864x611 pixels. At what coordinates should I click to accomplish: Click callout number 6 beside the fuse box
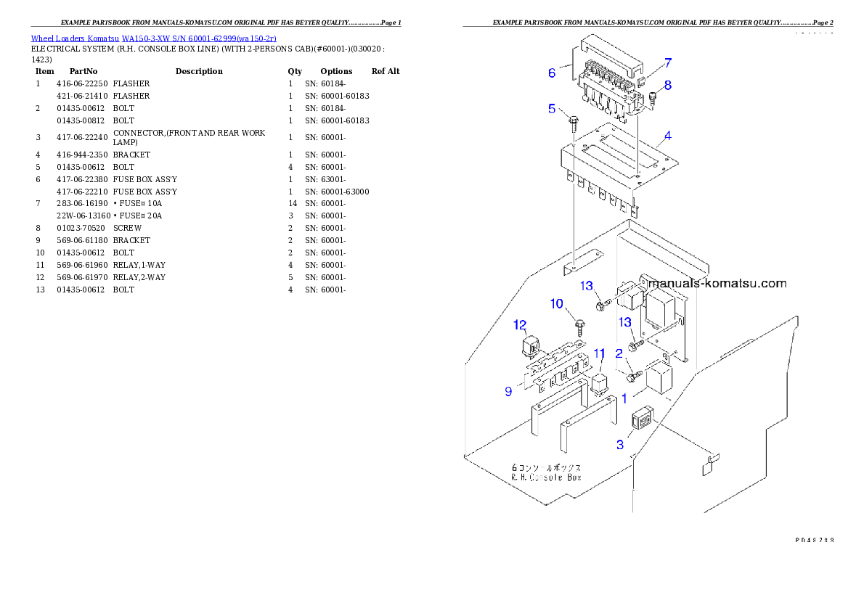point(552,73)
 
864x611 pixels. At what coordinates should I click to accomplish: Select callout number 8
point(667,85)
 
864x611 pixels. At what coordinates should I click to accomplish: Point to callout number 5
point(552,109)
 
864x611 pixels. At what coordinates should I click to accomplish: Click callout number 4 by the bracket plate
point(667,136)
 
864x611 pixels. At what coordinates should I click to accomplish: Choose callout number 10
point(557,303)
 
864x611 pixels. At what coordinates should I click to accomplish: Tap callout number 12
point(520,324)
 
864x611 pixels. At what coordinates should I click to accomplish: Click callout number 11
point(599,353)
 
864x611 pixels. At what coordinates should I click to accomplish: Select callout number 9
point(508,391)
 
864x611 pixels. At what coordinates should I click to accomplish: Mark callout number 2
point(619,353)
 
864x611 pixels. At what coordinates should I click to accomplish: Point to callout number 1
point(624,398)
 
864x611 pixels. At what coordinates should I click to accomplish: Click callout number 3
point(619,445)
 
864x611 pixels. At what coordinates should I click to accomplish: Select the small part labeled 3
point(642,419)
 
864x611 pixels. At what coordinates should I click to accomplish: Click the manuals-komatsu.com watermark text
point(718,284)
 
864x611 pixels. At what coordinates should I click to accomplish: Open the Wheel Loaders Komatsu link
point(153,38)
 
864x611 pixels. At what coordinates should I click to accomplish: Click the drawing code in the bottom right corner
point(813,540)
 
